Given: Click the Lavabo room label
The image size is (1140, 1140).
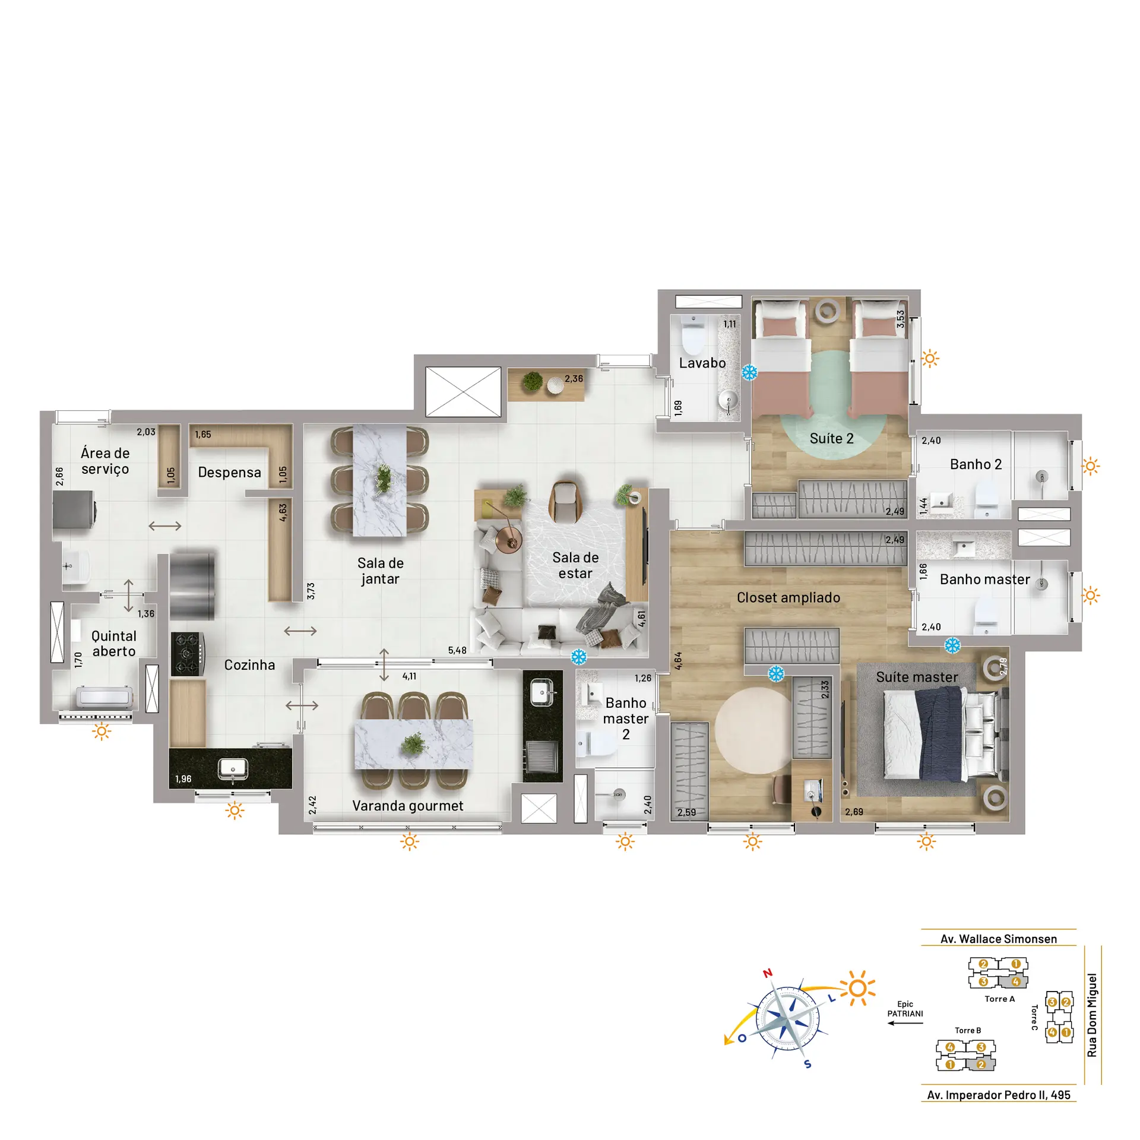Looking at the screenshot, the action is pos(702,363).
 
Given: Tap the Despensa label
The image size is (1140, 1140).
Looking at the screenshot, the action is pos(229,473).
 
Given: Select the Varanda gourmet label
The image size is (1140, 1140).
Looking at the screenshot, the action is pos(408,806).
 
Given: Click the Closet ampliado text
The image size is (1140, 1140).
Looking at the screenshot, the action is pos(788,597).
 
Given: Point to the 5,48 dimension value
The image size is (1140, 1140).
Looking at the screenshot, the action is pos(457,650).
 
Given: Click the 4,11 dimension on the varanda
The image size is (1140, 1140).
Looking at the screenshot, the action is pos(409,676).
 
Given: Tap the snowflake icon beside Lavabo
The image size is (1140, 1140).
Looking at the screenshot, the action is pos(750,373).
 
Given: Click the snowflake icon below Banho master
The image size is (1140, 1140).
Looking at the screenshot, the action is pos(952,645).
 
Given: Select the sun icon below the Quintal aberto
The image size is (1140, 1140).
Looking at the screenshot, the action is pos(102,731).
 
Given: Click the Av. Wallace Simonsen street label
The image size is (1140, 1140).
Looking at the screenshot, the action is pos(999,939).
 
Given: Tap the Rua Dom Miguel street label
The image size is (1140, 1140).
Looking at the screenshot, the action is pos(1091,1015).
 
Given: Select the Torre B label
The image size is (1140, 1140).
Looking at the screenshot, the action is pos(968,1030).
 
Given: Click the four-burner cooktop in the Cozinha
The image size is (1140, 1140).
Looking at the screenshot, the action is pos(188,654).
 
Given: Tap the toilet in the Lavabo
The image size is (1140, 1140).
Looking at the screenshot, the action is pos(693,337).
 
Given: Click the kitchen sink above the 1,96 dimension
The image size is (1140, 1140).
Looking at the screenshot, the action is pos(232,769).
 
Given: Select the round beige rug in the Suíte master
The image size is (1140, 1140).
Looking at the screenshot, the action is pos(753,730).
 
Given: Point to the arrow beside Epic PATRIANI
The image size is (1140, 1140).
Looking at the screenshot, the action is pos(905,1023).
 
